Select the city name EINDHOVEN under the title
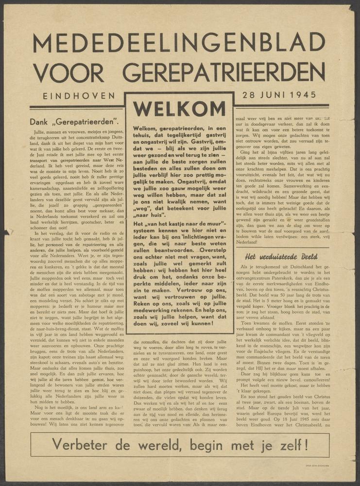79,96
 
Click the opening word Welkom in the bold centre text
145,128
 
